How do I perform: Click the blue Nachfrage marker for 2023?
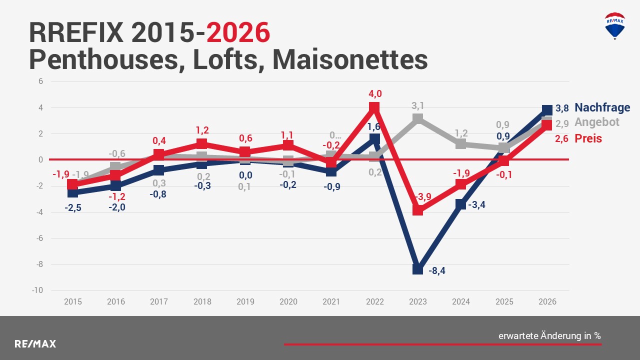click(x=417, y=269)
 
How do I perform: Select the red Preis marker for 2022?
click(x=374, y=107)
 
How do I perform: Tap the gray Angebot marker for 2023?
click(x=417, y=119)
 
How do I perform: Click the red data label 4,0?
click(x=375, y=94)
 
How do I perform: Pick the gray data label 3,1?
click(x=418, y=105)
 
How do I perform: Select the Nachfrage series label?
click(x=602, y=107)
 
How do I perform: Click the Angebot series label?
click(x=596, y=122)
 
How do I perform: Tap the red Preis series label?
click(x=588, y=138)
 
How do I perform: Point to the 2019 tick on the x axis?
click(x=245, y=301)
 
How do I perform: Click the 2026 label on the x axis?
click(x=547, y=301)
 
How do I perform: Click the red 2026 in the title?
click(x=238, y=33)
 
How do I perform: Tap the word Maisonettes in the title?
click(x=350, y=59)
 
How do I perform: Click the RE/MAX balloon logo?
click(x=614, y=26)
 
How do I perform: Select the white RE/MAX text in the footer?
click(x=35, y=344)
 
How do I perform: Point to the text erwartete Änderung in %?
click(x=549, y=336)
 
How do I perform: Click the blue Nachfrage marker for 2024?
click(x=460, y=204)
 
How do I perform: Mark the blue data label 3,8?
click(x=562, y=108)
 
